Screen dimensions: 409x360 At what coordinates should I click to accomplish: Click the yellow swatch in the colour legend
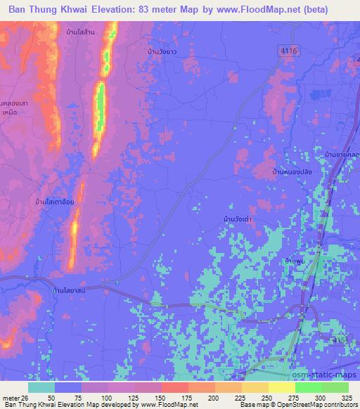(x=281, y=387)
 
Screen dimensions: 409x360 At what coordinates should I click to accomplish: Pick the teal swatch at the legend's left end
(x=41, y=387)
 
